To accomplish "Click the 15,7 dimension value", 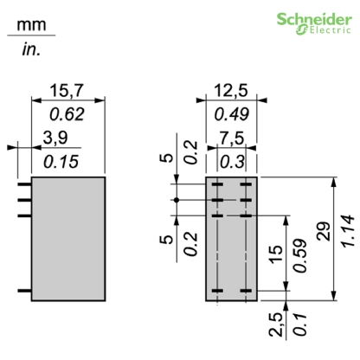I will pos(68,91).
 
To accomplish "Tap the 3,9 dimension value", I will pos(55,136).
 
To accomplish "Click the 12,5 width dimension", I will pos(229,91).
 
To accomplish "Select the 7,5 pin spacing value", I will pos(229,136).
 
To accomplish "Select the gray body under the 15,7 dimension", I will pos(68,238).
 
